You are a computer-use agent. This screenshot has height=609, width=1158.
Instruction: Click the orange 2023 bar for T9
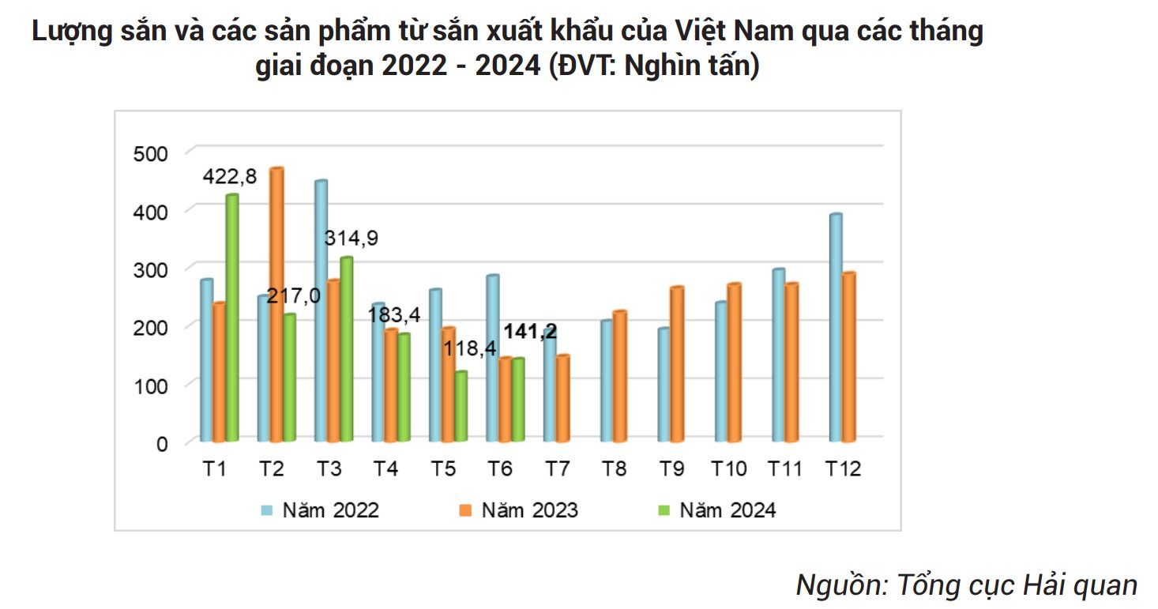[x=676, y=364]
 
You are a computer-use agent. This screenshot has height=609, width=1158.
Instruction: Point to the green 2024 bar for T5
[x=461, y=406]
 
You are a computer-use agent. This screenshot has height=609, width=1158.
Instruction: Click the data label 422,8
[x=230, y=177]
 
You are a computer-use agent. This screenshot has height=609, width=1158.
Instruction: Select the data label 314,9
[x=352, y=239]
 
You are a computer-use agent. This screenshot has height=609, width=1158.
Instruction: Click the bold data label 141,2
[x=531, y=332]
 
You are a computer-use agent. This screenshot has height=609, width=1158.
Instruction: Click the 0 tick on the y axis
[x=161, y=444]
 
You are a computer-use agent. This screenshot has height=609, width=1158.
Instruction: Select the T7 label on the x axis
[x=558, y=469]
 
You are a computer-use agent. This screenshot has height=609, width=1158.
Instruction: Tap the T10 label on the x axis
[x=729, y=469]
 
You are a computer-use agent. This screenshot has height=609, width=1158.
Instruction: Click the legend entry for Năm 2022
[x=321, y=510]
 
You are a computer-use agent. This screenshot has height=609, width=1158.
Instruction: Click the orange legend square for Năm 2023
[x=464, y=510]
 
